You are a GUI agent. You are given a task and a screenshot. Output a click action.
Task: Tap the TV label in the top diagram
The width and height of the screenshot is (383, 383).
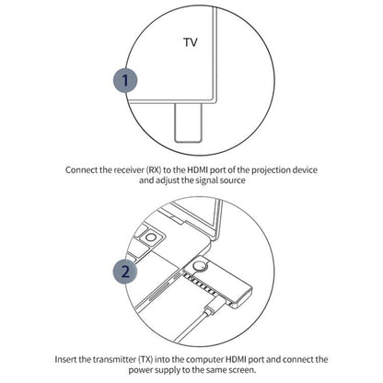click(190, 41)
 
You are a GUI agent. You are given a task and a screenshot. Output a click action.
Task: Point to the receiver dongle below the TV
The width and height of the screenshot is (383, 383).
click(187, 122)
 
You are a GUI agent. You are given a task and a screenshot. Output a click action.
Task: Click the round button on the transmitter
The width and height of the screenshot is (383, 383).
click(195, 271)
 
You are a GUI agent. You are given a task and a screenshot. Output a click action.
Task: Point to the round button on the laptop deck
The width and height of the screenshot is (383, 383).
click(145, 241)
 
